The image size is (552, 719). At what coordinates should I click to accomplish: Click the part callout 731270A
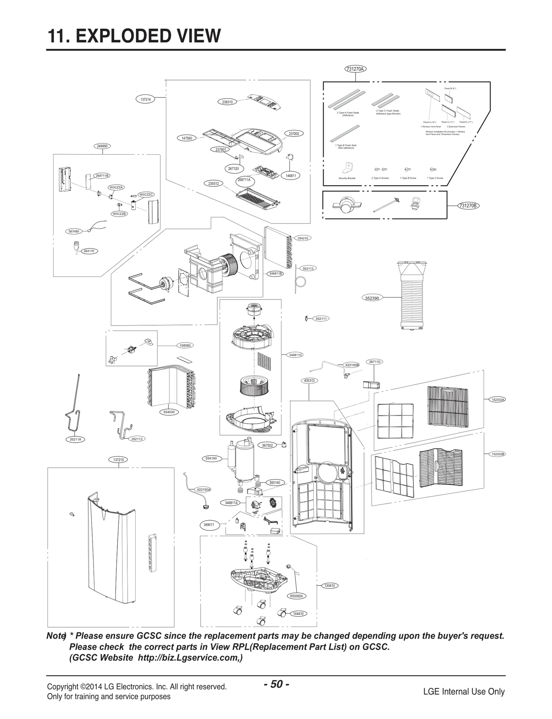coord(355,69)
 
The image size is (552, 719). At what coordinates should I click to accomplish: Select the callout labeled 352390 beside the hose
coord(372,298)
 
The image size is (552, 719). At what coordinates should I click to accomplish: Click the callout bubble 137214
coord(146,99)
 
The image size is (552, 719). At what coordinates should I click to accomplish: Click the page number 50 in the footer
coord(276,684)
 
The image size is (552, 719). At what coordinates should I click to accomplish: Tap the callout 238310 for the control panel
coord(227,102)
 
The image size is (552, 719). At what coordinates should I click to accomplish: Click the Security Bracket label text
coord(347,178)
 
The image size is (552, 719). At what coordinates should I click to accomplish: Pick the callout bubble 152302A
coord(498,400)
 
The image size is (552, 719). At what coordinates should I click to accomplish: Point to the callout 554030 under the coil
coord(169,412)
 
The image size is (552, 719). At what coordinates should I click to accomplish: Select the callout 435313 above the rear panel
coord(309,381)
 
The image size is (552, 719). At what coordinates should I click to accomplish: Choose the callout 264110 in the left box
coord(89,251)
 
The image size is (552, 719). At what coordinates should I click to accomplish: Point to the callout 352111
coord(321,319)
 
